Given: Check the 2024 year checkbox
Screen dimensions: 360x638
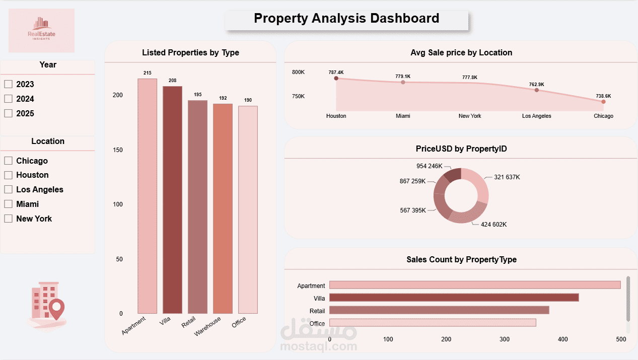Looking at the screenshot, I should [8, 99].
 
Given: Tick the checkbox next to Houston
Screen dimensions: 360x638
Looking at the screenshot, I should [8, 175].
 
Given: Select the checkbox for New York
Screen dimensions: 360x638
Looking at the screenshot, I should [8, 219].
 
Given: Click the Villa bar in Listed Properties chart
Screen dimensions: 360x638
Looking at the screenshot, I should [172, 201].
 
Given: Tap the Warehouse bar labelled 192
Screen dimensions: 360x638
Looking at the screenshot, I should [223, 209].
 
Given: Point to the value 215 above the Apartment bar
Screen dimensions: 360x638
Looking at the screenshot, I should [147, 73].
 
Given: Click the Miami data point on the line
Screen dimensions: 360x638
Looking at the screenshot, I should [403, 82].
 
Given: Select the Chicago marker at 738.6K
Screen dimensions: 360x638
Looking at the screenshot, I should [603, 102].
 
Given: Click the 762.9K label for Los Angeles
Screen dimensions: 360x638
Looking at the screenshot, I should [536, 85].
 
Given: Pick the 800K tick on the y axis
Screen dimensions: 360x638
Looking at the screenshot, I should [298, 72].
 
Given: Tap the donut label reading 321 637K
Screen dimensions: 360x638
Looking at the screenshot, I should [507, 177].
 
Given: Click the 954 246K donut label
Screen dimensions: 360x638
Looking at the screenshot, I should [429, 166].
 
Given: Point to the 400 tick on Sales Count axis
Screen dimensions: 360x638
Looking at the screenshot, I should [563, 339].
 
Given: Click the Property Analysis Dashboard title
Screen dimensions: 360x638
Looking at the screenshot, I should [346, 19].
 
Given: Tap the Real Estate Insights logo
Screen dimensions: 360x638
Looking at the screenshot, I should [42, 30].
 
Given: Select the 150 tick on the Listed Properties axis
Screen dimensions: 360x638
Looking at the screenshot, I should [117, 150].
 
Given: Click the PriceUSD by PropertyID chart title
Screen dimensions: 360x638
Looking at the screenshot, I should [461, 149].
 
